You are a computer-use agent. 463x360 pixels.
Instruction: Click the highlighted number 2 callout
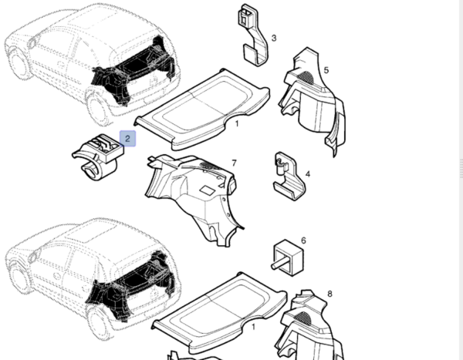click(127, 139)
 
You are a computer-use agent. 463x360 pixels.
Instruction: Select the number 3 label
click(274, 38)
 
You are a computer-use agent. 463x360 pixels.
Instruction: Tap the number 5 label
click(326, 70)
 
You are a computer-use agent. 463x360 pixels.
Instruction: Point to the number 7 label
click(234, 163)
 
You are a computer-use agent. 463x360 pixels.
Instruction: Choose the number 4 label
click(308, 174)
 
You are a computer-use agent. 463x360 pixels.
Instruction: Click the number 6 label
click(303, 241)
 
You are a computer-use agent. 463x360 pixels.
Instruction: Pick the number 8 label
click(330, 294)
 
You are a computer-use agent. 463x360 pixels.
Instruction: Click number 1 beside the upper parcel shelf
click(237, 124)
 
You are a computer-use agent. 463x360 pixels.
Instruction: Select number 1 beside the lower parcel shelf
click(253, 327)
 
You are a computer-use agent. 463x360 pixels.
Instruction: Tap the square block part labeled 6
click(288, 257)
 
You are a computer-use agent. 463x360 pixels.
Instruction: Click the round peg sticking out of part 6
click(278, 264)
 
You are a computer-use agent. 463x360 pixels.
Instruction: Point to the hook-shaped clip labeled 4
click(289, 177)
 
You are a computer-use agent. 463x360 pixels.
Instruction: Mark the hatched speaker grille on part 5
click(306, 76)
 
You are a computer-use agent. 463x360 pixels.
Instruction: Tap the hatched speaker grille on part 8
click(302, 318)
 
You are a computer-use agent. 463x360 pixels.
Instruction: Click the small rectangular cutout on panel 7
click(207, 190)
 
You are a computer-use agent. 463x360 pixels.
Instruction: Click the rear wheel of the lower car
click(99, 324)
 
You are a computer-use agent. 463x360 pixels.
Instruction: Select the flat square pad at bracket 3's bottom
click(250, 53)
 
